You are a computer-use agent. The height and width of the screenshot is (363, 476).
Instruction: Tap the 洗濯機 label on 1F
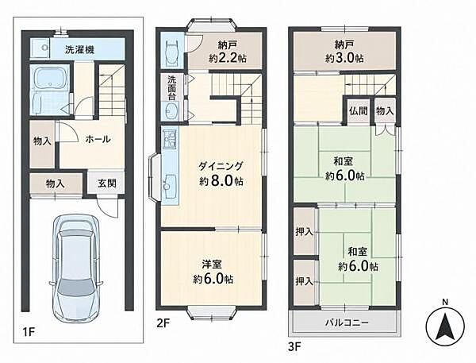pyautogui.click(x=80, y=50)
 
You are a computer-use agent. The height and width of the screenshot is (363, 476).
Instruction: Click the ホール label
pyautogui.click(x=98, y=140)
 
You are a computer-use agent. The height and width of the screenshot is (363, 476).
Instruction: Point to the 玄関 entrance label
pyautogui.click(x=107, y=183)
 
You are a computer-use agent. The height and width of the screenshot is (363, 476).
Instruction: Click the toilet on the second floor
pyautogui.click(x=171, y=52)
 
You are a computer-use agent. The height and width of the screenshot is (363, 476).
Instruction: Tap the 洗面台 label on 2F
pyautogui.click(x=172, y=88)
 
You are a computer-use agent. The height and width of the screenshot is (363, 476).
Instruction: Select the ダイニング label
pyautogui.click(x=221, y=166)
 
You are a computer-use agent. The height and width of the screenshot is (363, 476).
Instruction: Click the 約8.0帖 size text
pyautogui.click(x=221, y=181)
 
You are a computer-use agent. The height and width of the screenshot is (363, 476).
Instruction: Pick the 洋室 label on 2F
pyautogui.click(x=212, y=265)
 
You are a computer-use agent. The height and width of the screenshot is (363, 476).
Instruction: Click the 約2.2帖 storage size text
pyautogui.click(x=228, y=58)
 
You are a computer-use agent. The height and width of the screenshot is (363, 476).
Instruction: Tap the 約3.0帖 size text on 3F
pyautogui.click(x=344, y=58)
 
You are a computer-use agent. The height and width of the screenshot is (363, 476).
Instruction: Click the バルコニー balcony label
pyautogui.click(x=347, y=322)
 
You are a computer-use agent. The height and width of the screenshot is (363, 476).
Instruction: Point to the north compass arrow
pyautogui.click(x=445, y=326)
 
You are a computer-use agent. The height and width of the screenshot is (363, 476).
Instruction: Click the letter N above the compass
pyautogui.click(x=445, y=303)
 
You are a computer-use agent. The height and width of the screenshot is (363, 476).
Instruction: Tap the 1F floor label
pyautogui.click(x=29, y=332)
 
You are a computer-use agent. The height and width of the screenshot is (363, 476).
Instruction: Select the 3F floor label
pyautogui.click(x=294, y=347)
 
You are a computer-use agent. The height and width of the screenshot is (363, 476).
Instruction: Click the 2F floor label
pyautogui.click(x=163, y=322)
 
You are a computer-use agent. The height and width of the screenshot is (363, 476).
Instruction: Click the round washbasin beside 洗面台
pyautogui.click(x=172, y=110)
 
